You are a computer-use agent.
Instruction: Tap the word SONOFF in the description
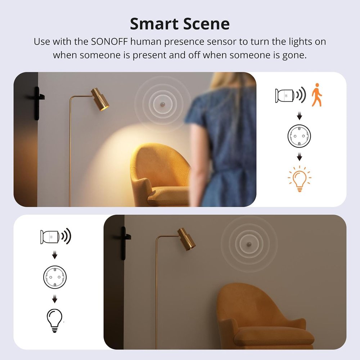(109, 41)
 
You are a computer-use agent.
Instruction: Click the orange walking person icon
(316, 95)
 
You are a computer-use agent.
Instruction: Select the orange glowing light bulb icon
(300, 179)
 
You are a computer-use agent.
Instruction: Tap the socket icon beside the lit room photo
(299, 136)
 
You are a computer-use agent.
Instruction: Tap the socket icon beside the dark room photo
(55, 277)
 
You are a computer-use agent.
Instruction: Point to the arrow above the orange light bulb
(300, 157)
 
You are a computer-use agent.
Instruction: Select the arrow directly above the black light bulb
(55, 299)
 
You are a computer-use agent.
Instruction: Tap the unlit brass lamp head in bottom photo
(186, 239)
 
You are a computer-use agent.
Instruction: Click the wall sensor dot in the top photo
(163, 104)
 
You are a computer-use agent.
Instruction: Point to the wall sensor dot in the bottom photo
(249, 244)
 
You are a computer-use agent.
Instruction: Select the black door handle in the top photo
(37, 103)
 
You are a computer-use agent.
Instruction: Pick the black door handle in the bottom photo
(123, 243)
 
